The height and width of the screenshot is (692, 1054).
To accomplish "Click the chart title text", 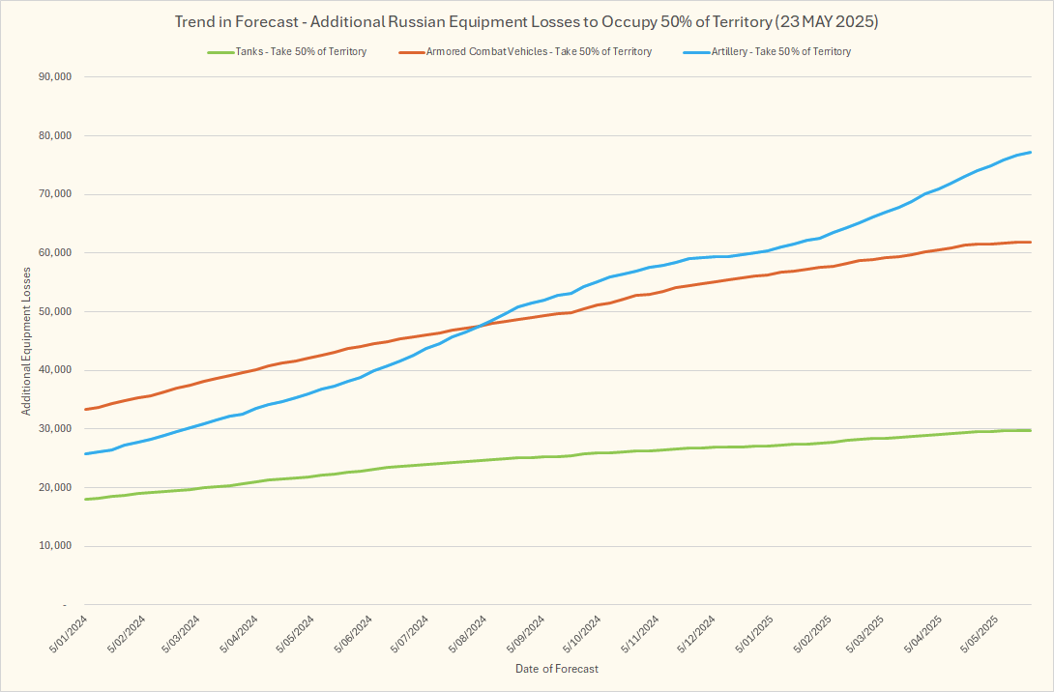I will point(527,20).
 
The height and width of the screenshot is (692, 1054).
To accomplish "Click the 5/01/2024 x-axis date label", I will point(71,634).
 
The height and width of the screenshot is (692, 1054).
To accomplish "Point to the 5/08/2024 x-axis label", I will point(467,634).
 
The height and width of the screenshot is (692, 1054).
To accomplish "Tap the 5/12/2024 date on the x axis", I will point(695,634).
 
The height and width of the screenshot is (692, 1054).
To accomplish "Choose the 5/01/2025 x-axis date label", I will point(753,634).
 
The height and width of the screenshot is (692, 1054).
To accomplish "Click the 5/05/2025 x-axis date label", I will point(980,634).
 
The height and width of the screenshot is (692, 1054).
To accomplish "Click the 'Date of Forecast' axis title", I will point(556,669).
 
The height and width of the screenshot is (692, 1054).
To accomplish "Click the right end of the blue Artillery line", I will point(1031,152).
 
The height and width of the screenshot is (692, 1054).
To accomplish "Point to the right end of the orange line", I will point(1031,242).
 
